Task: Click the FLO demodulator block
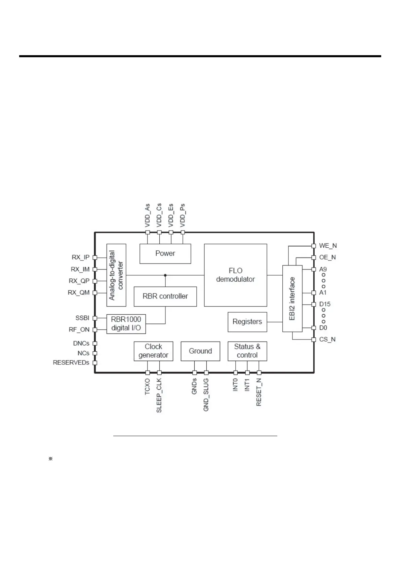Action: pos(235,275)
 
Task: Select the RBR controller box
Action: pos(165,296)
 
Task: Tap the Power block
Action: pos(165,253)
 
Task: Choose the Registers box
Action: pos(247,322)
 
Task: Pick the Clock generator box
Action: pos(153,351)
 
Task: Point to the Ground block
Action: pos(200,351)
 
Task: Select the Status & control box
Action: pos(247,351)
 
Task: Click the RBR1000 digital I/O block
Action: pos(126,324)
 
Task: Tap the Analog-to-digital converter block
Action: pos(116,275)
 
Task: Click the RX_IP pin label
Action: pos(81,257)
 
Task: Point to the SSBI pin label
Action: pos(82,318)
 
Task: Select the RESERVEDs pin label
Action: pos(71,363)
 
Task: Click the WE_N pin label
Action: pos(328,246)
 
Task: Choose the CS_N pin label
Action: pos(327,339)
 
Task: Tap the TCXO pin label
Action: pos(147,387)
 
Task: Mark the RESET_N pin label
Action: pos(259,392)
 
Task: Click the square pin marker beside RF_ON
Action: pos(95,330)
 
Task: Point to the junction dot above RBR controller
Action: pos(165,275)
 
